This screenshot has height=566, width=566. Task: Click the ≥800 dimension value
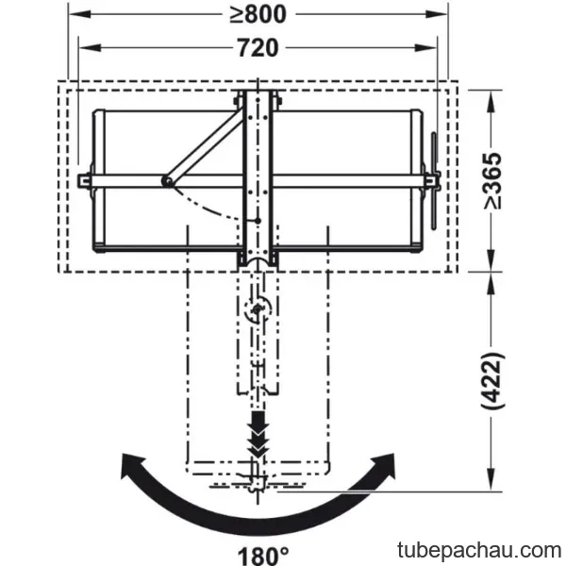tap(258, 14)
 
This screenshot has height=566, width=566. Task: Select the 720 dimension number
tap(258, 48)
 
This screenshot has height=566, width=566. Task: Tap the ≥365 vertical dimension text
tap(493, 180)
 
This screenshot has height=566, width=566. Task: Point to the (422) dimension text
tap(493, 380)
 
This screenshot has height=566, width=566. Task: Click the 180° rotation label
tap(263, 555)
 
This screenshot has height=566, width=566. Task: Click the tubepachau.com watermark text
tap(479, 550)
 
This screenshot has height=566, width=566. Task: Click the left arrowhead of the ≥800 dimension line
tap(79, 14)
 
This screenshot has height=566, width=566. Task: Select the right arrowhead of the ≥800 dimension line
tap(437, 14)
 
